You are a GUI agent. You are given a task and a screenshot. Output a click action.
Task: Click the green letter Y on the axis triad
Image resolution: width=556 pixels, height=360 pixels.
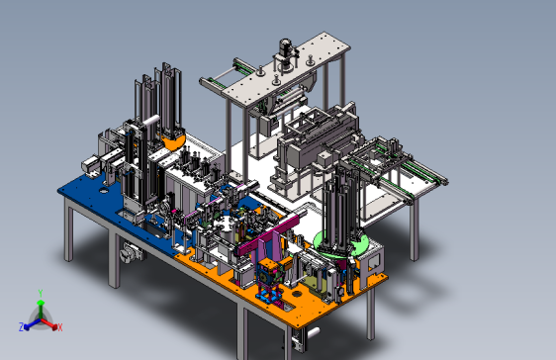pyautogui.click(x=41, y=294)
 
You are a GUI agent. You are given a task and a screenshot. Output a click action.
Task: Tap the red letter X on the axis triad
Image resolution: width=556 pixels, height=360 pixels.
pyautogui.click(x=60, y=327)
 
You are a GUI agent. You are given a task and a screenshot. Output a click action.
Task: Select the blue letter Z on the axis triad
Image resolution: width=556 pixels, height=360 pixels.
pyautogui.click(x=22, y=327)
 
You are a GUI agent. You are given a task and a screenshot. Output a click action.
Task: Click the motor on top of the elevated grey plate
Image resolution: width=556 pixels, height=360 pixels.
pyautogui.click(x=285, y=47)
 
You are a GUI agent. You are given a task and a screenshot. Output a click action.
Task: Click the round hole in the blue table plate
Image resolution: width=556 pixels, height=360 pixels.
pyautogui.click(x=104, y=191)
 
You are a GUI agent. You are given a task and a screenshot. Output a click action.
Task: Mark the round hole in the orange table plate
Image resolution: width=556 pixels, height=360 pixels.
pyautogui.click(x=297, y=294)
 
